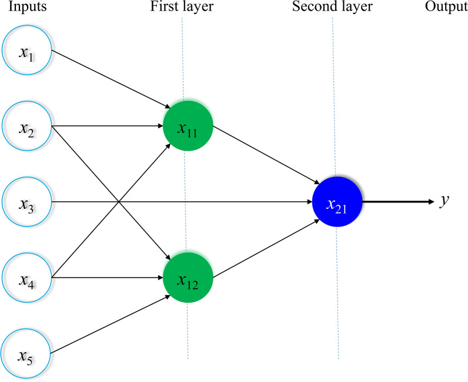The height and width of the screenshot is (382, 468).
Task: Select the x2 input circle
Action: click(26, 126)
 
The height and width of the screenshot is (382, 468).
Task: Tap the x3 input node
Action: click(26, 202)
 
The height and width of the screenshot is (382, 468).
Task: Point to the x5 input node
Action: click(26, 354)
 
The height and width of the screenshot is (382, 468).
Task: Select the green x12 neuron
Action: click(188, 278)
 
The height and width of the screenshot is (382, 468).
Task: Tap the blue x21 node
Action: click(337, 202)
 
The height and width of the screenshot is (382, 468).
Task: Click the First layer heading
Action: click(182, 8)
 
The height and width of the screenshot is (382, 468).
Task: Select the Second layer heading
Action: click(332, 8)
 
